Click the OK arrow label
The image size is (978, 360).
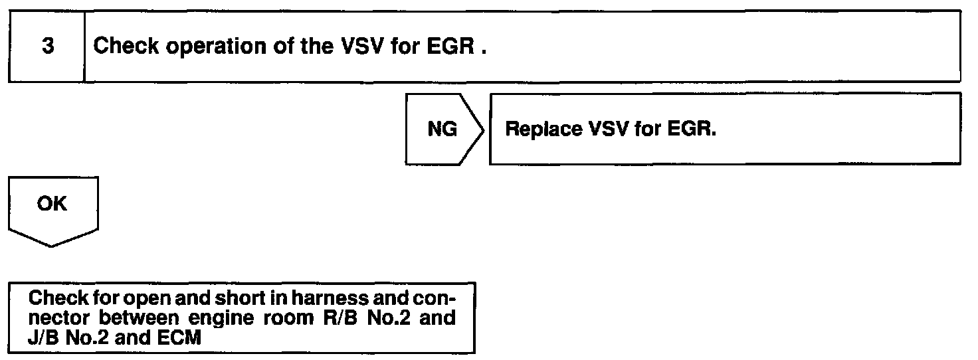click(x=52, y=205)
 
